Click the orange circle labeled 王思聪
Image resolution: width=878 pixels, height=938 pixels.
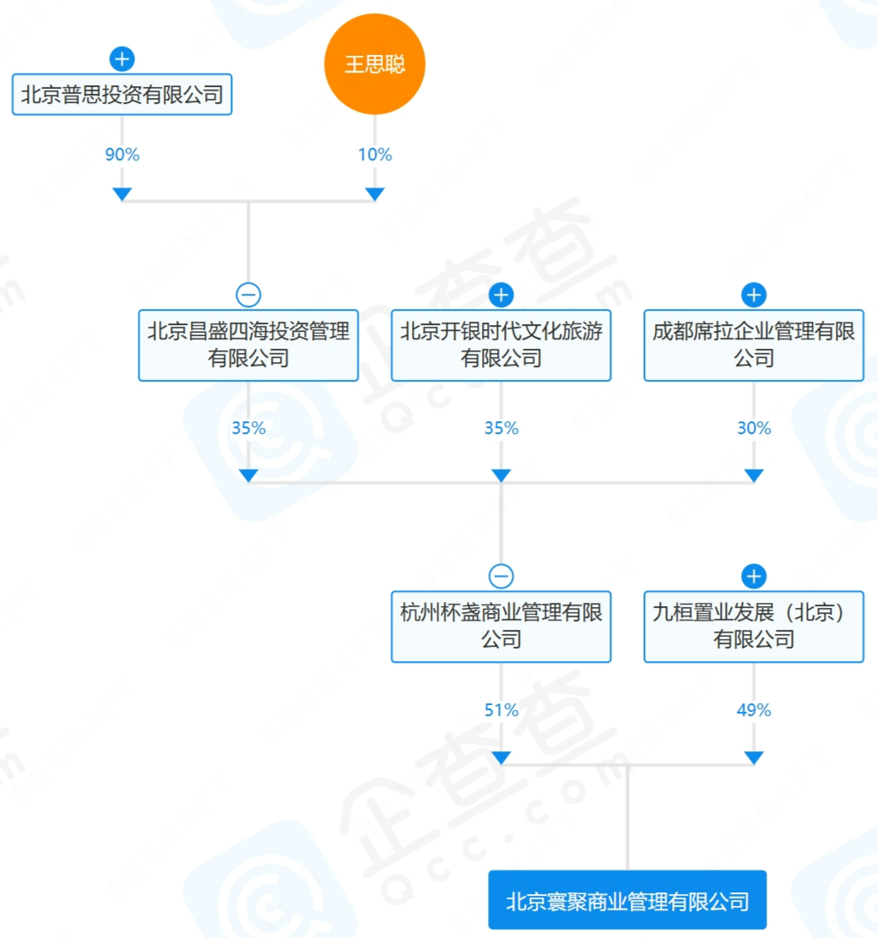(x=375, y=65)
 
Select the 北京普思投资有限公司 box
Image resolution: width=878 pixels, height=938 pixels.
(x=122, y=95)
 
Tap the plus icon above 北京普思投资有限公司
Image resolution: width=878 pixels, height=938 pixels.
(x=122, y=59)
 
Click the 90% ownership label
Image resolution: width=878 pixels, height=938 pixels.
(x=122, y=155)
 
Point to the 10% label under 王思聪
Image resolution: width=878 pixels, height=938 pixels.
(x=375, y=155)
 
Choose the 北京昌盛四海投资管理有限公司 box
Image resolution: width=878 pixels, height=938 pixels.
(x=248, y=344)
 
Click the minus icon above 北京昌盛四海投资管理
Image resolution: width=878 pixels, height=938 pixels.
(x=248, y=295)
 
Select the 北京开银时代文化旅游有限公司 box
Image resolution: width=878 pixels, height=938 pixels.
(x=501, y=344)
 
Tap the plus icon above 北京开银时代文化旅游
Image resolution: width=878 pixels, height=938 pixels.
(x=501, y=295)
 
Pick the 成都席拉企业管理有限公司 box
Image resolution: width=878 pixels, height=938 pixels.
(x=754, y=344)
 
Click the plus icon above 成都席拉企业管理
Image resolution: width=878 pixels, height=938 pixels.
(x=754, y=295)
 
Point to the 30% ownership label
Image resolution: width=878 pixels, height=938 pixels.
(x=754, y=428)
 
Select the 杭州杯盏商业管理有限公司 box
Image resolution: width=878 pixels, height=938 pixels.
(x=501, y=626)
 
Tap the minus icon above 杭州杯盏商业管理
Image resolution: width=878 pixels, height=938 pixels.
(x=501, y=576)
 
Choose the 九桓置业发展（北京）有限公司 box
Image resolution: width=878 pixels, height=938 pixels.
(x=754, y=626)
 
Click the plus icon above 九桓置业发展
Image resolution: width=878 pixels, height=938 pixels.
(x=754, y=576)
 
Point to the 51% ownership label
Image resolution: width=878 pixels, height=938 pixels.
(x=501, y=710)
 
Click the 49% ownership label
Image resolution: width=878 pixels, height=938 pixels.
(x=754, y=710)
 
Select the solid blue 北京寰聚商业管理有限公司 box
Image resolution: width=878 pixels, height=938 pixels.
(x=627, y=900)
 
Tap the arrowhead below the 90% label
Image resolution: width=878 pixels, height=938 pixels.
(x=122, y=194)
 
